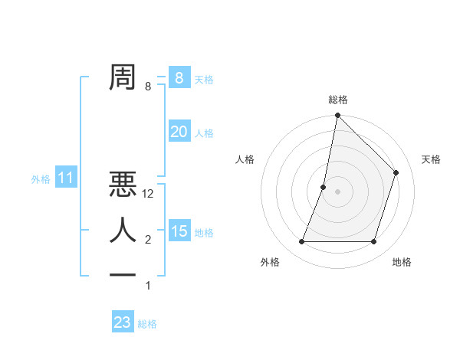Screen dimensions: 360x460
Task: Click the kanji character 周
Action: (x=123, y=77)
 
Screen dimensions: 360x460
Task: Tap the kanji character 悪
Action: (x=123, y=186)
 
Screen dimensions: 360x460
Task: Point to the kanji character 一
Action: (x=123, y=274)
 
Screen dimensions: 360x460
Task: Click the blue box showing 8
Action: (x=179, y=77)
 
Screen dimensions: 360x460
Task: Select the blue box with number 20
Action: (x=179, y=132)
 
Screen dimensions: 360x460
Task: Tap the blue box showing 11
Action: (x=66, y=179)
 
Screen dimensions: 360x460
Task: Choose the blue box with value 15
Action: (x=179, y=231)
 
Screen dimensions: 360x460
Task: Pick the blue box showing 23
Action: (x=123, y=322)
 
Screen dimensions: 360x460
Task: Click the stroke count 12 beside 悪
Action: (x=149, y=195)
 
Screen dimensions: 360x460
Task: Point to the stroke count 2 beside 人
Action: (x=148, y=240)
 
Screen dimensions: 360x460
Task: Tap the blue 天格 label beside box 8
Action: (x=204, y=79)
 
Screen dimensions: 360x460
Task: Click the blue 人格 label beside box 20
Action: (x=204, y=133)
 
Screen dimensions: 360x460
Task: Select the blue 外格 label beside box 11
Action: (x=41, y=180)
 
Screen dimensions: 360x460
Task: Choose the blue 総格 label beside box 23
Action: (x=147, y=324)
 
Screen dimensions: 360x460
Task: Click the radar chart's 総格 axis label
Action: (x=337, y=100)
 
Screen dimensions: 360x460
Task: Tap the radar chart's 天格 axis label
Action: (x=431, y=159)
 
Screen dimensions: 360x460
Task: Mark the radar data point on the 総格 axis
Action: (x=337, y=116)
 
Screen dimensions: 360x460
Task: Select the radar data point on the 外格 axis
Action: (x=302, y=242)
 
